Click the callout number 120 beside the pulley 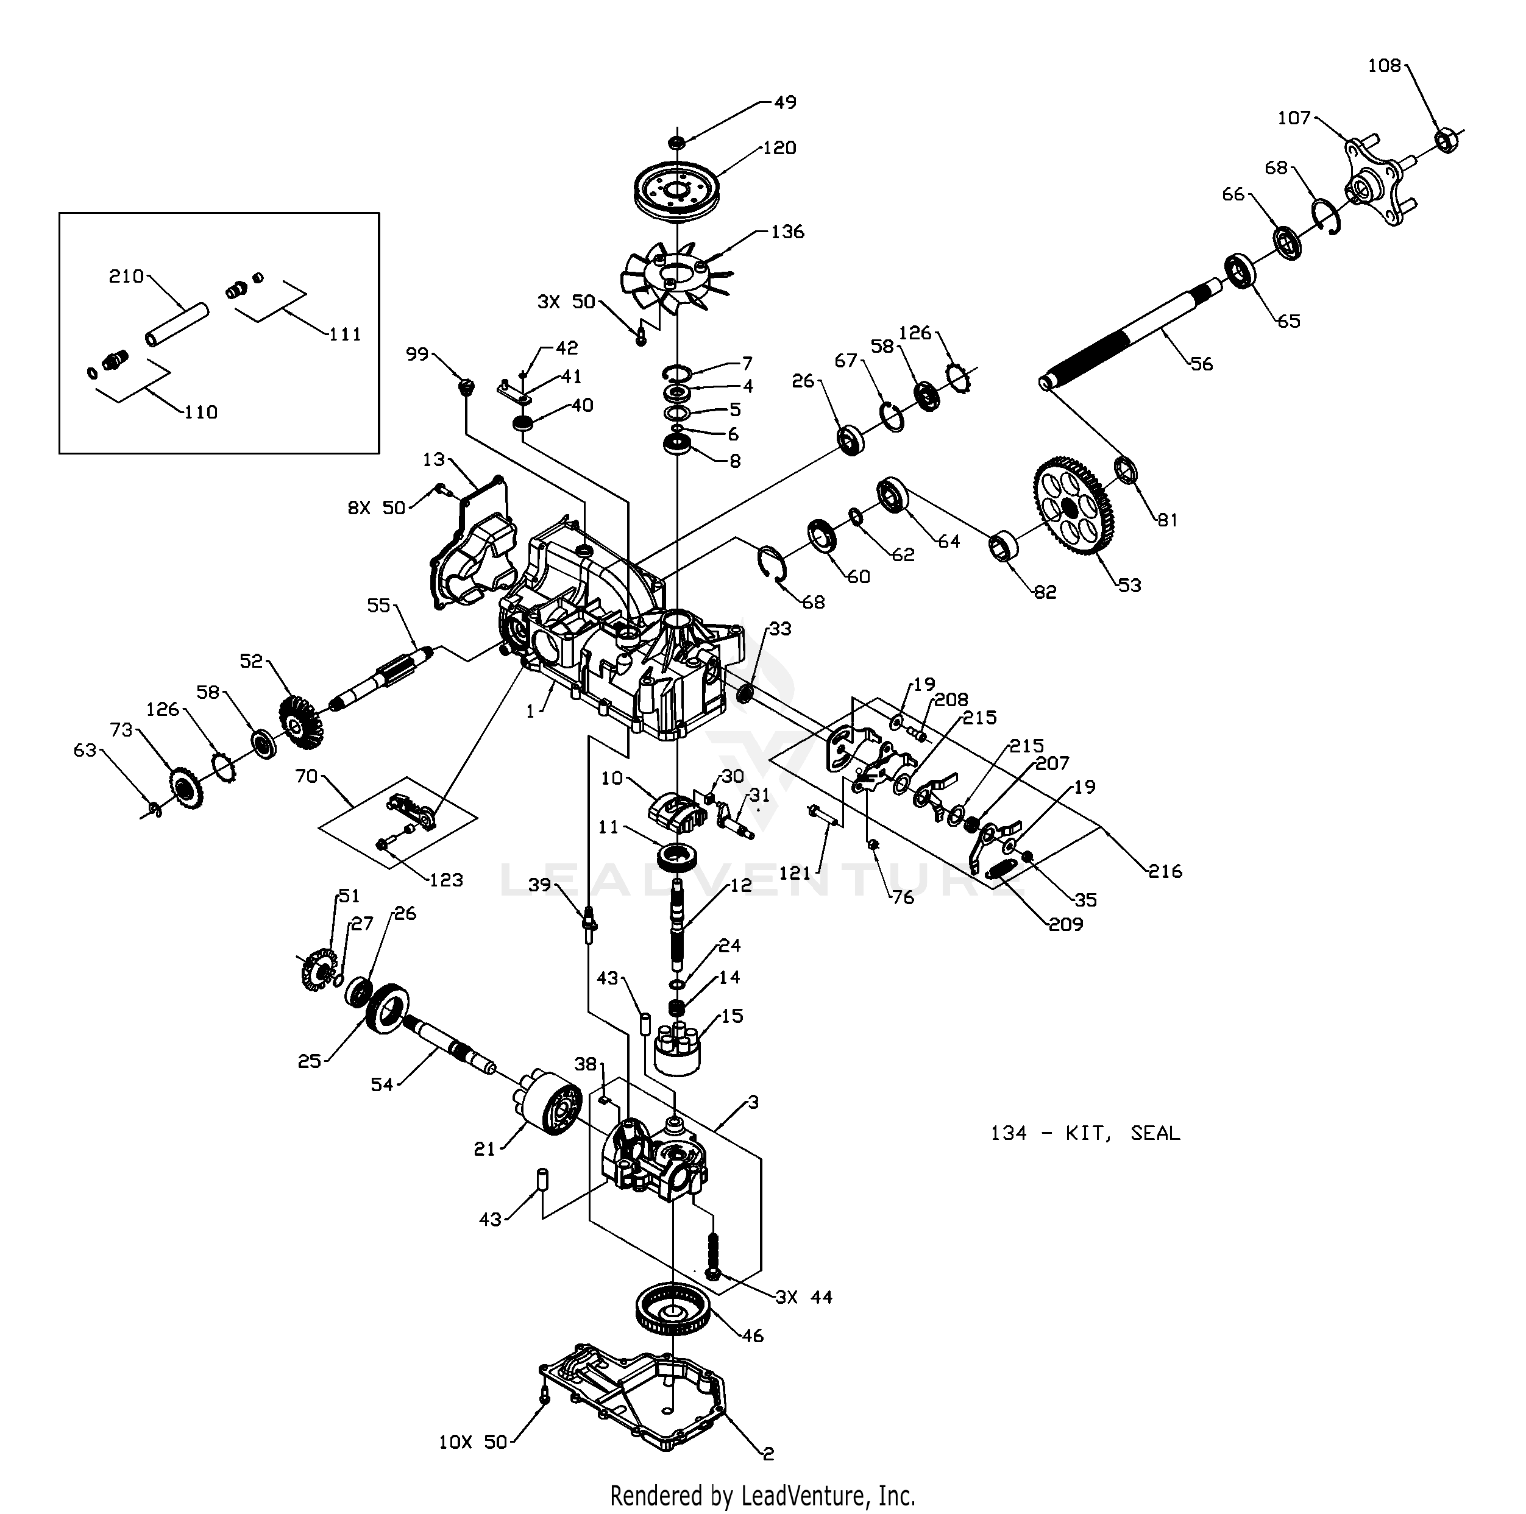click(x=779, y=147)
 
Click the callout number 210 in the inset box click(x=126, y=277)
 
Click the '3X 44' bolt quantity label click(x=804, y=1297)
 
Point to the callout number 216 click(x=1165, y=871)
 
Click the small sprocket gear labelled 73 click(x=186, y=787)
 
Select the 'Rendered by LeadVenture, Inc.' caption click(x=762, y=1495)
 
